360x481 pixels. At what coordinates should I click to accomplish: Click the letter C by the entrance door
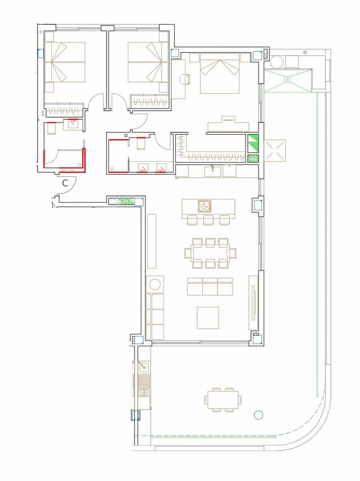66,184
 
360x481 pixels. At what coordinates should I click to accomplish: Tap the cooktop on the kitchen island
204,206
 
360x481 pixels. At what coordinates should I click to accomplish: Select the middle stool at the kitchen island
208,220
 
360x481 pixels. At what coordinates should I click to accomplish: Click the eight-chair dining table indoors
210,253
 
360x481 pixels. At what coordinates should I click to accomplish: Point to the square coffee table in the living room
208,317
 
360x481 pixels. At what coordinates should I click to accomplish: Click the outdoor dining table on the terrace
223,399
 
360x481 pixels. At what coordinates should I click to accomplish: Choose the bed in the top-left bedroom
65,62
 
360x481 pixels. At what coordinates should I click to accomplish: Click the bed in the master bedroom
220,73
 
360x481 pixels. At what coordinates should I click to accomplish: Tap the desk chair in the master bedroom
185,79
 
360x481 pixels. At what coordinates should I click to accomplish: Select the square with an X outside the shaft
275,150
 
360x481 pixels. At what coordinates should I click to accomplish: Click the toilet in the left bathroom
51,129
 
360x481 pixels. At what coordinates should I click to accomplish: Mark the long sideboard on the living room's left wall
152,241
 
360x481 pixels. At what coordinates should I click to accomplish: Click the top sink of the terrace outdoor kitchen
143,366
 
